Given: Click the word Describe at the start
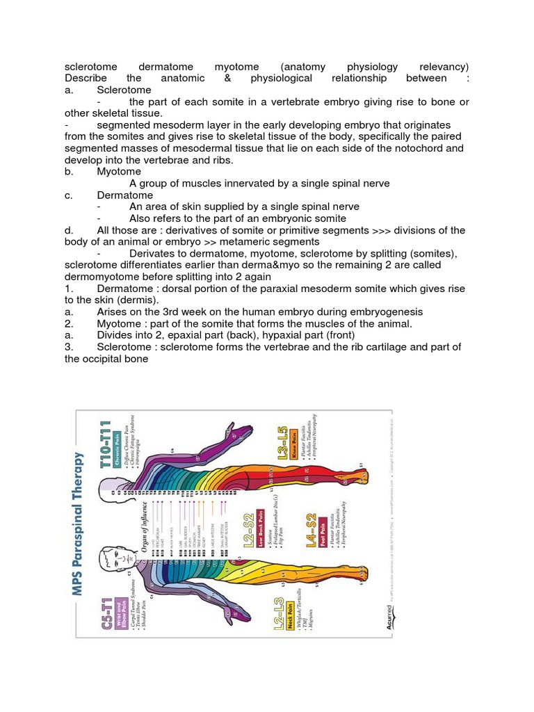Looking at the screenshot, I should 83,79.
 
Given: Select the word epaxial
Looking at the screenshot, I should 197,336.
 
